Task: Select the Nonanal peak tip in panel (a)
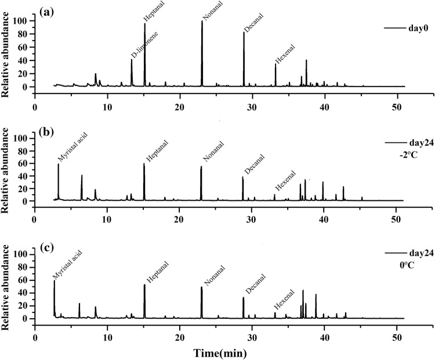(202, 21)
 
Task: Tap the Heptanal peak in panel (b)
(144, 164)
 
